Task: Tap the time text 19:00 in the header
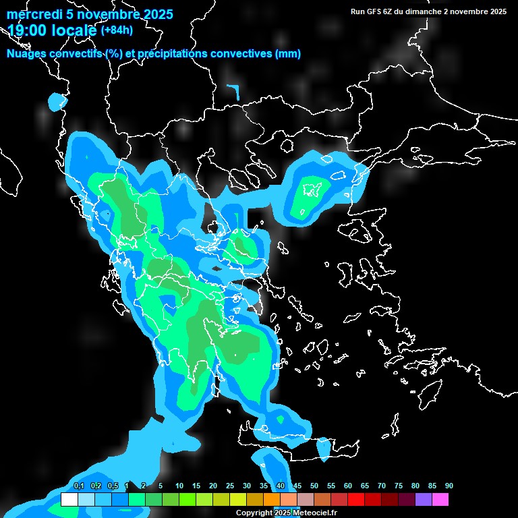pos(27,30)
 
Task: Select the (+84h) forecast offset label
pos(117,30)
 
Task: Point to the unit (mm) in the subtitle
pos(288,54)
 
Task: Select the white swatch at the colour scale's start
pos(69,500)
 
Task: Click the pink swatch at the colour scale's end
pos(440,500)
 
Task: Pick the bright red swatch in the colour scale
pos(355,500)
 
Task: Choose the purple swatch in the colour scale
pos(423,500)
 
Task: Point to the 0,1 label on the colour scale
pos(78,486)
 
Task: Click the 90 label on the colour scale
pos(449,486)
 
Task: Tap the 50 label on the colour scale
pos(314,486)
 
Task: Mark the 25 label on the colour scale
pos(230,486)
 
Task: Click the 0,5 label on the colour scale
pos(112,486)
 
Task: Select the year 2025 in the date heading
pos(152,14)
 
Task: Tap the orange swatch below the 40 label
pos(271,500)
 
